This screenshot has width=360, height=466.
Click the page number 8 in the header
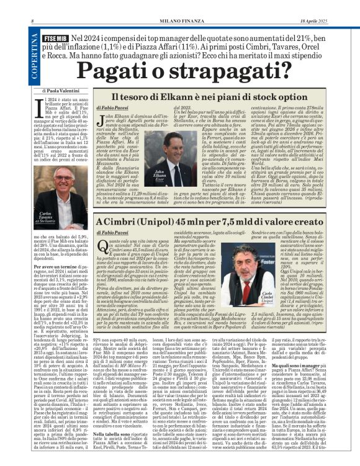coord(32,6)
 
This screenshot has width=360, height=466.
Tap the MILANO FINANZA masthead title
coord(179,6)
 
